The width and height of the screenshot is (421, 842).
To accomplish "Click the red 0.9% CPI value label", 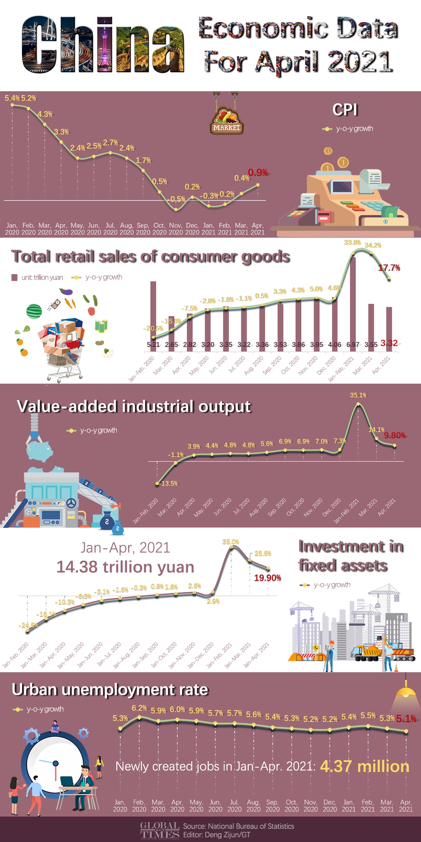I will pyautogui.click(x=258, y=172).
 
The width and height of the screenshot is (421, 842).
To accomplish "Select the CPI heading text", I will pyautogui.click(x=345, y=109).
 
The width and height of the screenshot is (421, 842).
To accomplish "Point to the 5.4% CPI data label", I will pyautogui.click(x=12, y=98).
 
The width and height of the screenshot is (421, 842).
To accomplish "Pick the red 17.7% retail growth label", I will pyautogui.click(x=389, y=268).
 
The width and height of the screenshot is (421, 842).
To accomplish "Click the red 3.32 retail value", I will pyautogui.click(x=389, y=343).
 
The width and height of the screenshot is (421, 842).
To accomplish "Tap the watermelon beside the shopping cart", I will pyautogui.click(x=34, y=311).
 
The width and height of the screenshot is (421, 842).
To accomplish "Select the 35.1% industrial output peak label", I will pyautogui.click(x=358, y=395).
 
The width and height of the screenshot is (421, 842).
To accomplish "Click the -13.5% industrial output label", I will pyautogui.click(x=168, y=483).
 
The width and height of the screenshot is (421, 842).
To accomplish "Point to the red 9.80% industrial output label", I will pyautogui.click(x=395, y=435).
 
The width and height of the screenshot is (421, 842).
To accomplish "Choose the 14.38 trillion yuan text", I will pyautogui.click(x=125, y=567).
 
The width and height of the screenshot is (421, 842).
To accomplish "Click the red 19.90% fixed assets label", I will pyautogui.click(x=267, y=578).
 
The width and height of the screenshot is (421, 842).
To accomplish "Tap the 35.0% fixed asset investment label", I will pyautogui.click(x=230, y=542).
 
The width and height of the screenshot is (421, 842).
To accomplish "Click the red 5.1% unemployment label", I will pyautogui.click(x=406, y=719).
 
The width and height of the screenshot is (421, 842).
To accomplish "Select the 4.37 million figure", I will pyautogui.click(x=365, y=766).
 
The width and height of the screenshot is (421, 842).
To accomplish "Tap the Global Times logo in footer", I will pyautogui.click(x=160, y=830).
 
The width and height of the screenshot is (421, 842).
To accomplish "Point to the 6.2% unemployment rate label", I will pyautogui.click(x=139, y=708).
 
